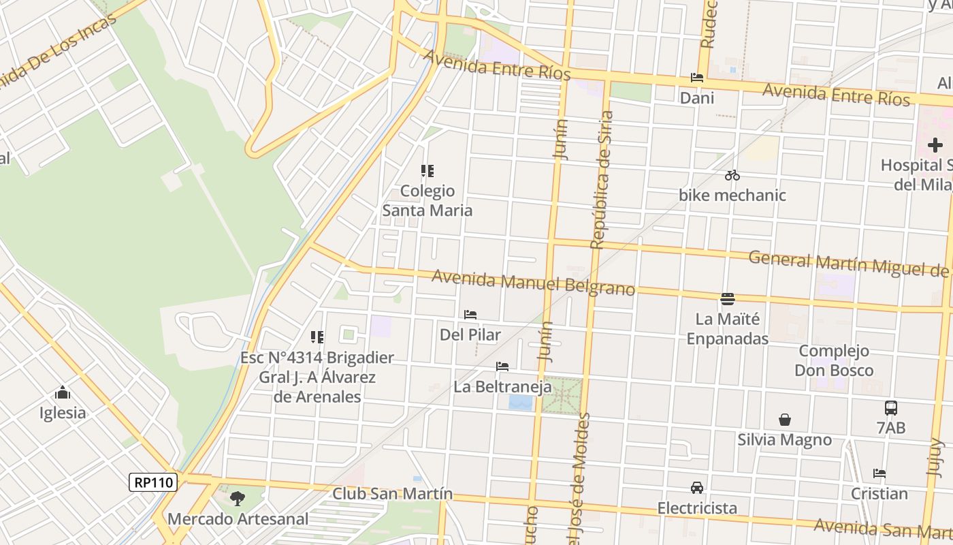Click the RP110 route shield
pyautogui.click(x=154, y=482)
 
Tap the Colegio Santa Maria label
pyautogui.click(x=427, y=200)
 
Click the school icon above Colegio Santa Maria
pyautogui.click(x=427, y=170)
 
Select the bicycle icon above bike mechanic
pyautogui.click(x=732, y=175)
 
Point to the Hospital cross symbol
pyautogui.click(x=935, y=144)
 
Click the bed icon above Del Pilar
pyautogui.click(x=470, y=315)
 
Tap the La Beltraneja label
pyautogui.click(x=502, y=387)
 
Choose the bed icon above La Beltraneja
pyautogui.click(x=502, y=367)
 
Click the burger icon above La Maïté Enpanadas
pyautogui.click(x=728, y=298)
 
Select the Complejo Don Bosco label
pyautogui.click(x=834, y=360)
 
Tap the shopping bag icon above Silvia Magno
pyautogui.click(x=785, y=420)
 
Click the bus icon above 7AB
pyautogui.click(x=890, y=408)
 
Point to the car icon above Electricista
pyautogui.click(x=697, y=488)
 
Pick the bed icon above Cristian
pyautogui.click(x=879, y=473)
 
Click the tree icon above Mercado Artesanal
pyautogui.click(x=237, y=499)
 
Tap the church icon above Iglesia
pyautogui.click(x=63, y=392)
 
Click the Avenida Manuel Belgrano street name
pyautogui.click(x=533, y=283)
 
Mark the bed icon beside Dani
pyautogui.click(x=696, y=78)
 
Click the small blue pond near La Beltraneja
pyautogui.click(x=521, y=403)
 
